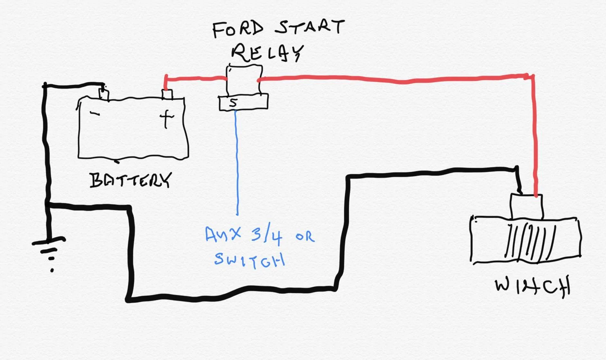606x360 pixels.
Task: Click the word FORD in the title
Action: pos(237,29)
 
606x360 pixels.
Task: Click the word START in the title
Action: pos(310,27)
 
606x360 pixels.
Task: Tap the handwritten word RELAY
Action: pos(267,53)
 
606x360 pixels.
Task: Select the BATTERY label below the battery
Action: pos(130,180)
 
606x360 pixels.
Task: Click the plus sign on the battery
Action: pos(166,119)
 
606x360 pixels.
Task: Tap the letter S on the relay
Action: pos(233,103)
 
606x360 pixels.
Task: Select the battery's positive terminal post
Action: pos(167,94)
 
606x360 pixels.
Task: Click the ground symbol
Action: pos(49,253)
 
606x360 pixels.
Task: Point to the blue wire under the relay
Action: pos(237,162)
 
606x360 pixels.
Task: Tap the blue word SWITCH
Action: pos(249,260)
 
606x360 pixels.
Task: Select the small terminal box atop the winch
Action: pos(526,207)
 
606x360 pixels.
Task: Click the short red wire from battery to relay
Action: pos(195,79)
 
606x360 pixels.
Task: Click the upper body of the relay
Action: pos(244,80)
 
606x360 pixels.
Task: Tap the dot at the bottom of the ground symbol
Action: pos(52,270)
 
